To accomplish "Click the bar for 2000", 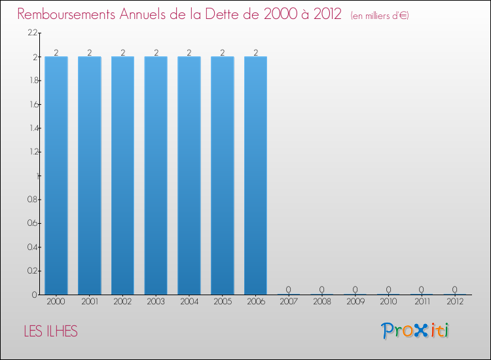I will pyautogui.click(x=56, y=175).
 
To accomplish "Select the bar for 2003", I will pyautogui.click(x=156, y=175).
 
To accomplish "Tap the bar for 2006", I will pyautogui.click(x=255, y=175).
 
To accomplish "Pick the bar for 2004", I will pyautogui.click(x=189, y=175).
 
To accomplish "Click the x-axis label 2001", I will pyautogui.click(x=89, y=302).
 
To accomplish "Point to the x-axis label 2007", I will pyautogui.click(x=289, y=302).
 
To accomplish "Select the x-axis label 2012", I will pyautogui.click(x=454, y=302).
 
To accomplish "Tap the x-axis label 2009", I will pyautogui.click(x=355, y=302).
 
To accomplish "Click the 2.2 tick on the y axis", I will pyautogui.click(x=32, y=33).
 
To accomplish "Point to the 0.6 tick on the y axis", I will pyautogui.click(x=32, y=223).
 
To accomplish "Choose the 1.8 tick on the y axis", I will pyautogui.click(x=32, y=81).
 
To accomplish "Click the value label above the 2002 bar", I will pyautogui.click(x=122, y=52).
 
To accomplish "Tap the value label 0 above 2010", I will pyautogui.click(x=388, y=289).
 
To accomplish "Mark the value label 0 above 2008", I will pyautogui.click(x=322, y=289).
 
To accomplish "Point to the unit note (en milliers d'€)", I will pyautogui.click(x=380, y=15).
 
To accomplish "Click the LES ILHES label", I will pyautogui.click(x=50, y=332).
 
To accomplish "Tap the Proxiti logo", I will pyautogui.click(x=416, y=331).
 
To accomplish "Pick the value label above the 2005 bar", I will pyautogui.click(x=222, y=52).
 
